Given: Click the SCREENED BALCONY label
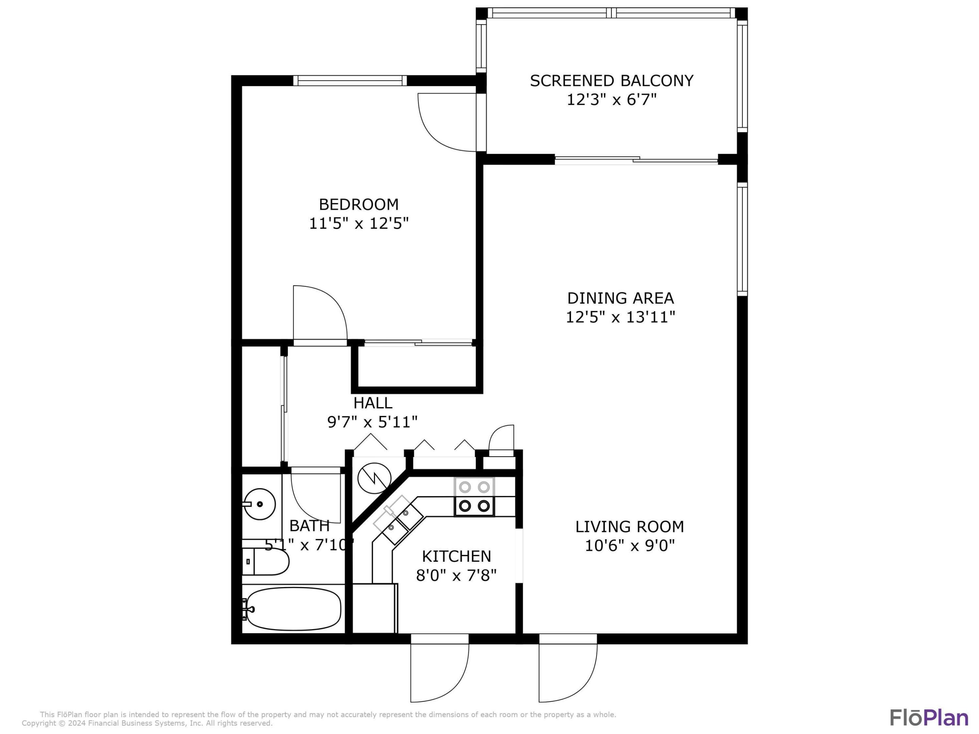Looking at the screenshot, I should point(611,81).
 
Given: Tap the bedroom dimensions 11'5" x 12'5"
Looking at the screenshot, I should point(359,224).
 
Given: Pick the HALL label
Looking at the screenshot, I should point(373,403).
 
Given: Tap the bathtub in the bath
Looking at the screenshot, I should point(293,609).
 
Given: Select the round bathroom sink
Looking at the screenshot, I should point(260,504).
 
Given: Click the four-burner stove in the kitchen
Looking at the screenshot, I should point(474,497).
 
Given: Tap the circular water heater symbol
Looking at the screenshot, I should point(374,477).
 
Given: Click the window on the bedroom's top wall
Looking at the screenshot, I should point(350,81).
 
